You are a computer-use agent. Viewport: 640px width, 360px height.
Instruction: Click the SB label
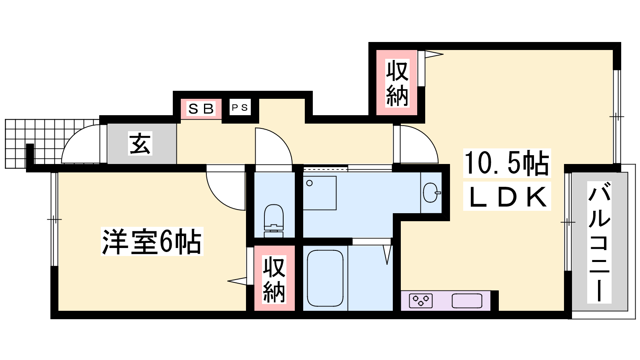[x=201, y=108]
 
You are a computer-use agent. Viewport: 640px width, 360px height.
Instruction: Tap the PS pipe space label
[x=240, y=108]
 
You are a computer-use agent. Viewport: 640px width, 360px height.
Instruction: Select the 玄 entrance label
[x=140, y=143]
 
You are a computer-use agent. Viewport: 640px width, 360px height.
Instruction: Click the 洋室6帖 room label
[x=152, y=242]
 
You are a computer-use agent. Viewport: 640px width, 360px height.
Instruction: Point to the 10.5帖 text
[x=506, y=163]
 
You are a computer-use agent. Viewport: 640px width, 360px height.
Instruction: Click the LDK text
[x=507, y=196]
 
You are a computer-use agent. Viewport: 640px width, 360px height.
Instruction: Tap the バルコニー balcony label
[x=599, y=242]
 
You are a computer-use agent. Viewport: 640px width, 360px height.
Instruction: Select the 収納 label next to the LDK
[x=397, y=83]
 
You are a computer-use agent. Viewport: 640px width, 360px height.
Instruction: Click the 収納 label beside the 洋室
[x=274, y=280]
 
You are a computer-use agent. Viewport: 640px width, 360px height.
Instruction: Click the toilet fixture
[x=274, y=220]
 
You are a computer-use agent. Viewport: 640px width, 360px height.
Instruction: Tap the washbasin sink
[x=431, y=192]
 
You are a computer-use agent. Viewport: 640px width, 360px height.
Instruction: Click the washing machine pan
[x=320, y=193]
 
